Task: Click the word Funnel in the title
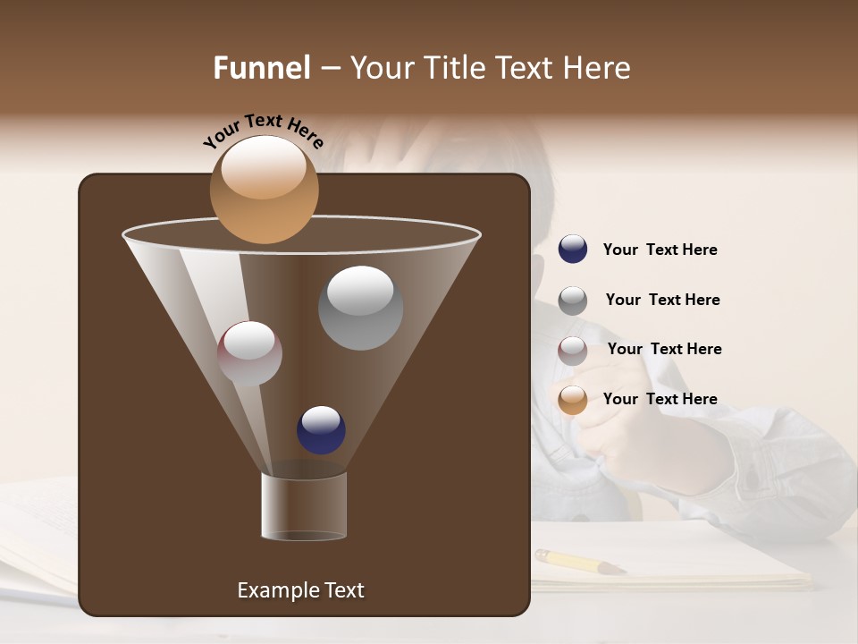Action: (262, 68)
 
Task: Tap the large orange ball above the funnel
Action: (264, 189)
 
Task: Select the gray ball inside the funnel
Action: (360, 307)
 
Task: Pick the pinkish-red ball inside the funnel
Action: (249, 353)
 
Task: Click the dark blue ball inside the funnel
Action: (321, 429)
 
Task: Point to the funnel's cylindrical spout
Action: (304, 505)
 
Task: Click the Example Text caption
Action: (300, 590)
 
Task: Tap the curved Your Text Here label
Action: (263, 131)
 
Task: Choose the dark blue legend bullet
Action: (573, 250)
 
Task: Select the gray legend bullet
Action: (573, 301)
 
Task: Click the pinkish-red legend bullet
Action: (573, 350)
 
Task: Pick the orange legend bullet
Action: (573, 400)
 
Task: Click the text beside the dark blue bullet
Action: (660, 250)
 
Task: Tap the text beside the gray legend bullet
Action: (662, 301)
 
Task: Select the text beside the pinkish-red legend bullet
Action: (664, 350)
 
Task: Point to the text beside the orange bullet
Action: (660, 400)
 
